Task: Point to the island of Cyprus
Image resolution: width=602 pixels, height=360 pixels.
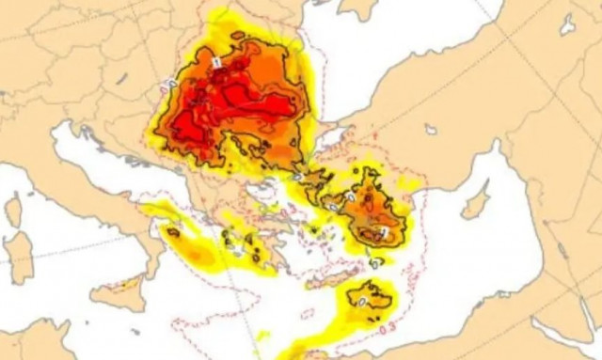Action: (475, 200)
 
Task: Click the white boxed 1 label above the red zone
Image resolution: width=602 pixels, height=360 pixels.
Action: (215, 61)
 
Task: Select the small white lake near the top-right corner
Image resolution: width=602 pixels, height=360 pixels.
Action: (567, 24)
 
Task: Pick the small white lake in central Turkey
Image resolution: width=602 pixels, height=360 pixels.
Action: (430, 130)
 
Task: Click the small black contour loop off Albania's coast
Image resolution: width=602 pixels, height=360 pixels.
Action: (172, 230)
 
